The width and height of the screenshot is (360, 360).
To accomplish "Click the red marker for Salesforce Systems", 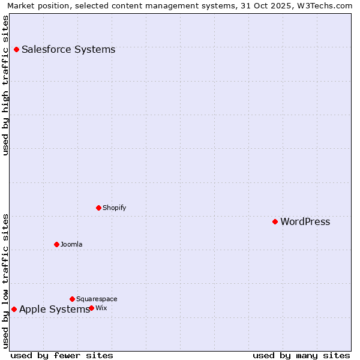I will pos(16,49).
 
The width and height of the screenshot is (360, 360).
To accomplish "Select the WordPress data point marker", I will pos(275,221).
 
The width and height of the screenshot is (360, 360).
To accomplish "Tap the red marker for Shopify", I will pos(98,208).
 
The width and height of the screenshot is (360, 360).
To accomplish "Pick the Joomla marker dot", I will pos(56,244).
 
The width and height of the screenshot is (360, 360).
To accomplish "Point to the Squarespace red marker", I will pos(72,299).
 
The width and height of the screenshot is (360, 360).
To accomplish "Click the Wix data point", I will pos(91,308).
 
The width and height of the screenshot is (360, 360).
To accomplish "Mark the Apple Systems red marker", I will pos(14,309).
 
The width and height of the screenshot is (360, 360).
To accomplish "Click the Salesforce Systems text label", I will pos(68,49).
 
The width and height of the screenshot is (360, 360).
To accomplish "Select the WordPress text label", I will pos(305,221).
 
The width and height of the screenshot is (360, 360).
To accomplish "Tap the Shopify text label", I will pos(114,208).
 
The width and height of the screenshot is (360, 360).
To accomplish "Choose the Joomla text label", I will pos(71,244).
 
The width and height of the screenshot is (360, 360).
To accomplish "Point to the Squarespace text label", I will pos(97,299).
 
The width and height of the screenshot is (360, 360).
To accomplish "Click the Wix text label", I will pos(101,308).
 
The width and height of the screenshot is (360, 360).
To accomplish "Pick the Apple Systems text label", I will pos(54,309).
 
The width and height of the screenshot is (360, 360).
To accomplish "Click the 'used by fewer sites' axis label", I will pos(62,355).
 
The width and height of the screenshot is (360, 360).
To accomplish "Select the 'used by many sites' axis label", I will pos(301,355).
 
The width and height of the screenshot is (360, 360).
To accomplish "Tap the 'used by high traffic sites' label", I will pos(5,85).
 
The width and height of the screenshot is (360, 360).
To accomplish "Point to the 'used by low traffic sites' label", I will pos(5,281).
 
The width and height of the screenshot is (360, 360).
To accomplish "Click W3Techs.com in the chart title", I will pos(325,5).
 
